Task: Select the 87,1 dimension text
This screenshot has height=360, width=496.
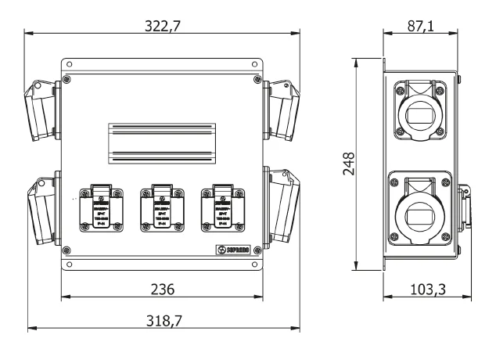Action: [x=421, y=26]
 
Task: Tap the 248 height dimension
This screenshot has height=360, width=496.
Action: [x=350, y=163]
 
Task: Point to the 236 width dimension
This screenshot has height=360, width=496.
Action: [x=162, y=289]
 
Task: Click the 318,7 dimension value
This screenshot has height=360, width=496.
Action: [x=163, y=322]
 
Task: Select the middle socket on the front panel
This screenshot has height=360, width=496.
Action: [x=162, y=207]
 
